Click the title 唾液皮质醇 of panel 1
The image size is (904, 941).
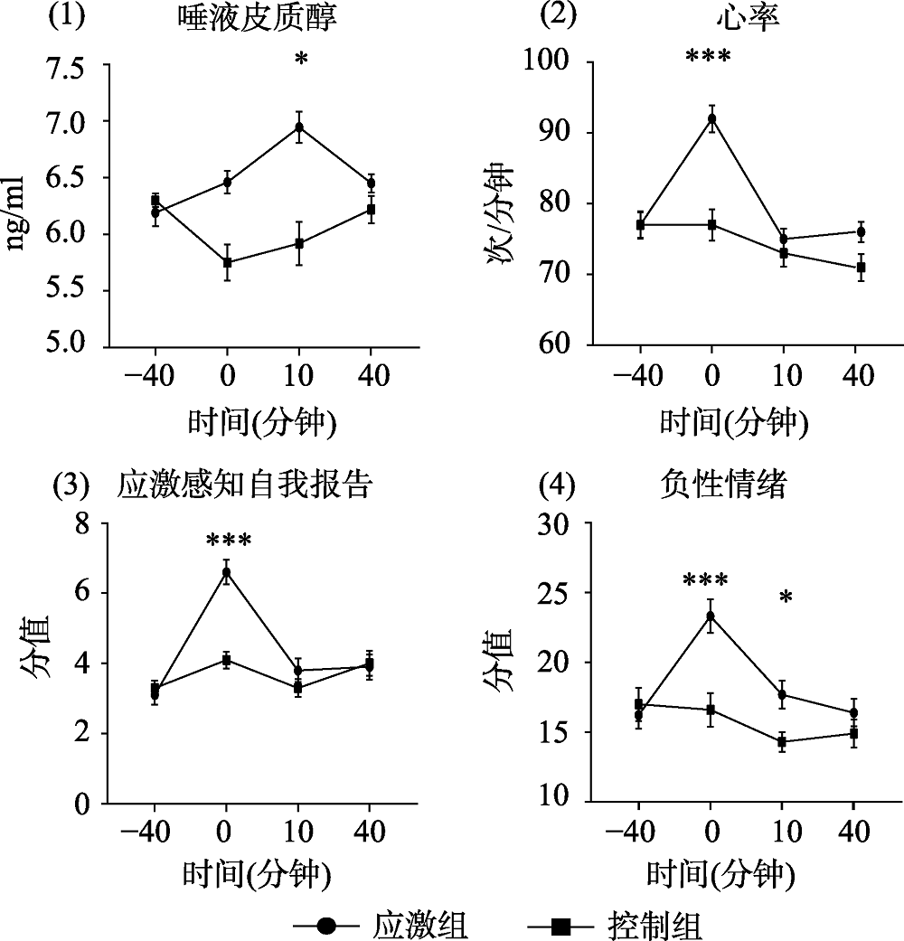point(258,20)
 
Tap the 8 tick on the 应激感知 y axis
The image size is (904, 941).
point(85,523)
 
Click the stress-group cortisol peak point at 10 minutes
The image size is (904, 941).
point(299,127)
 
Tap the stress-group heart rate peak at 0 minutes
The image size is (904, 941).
point(712,118)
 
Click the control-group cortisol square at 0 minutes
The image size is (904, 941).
point(228,263)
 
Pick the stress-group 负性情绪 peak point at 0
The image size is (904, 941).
point(711,616)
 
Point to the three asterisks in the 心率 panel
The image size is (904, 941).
point(708,58)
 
